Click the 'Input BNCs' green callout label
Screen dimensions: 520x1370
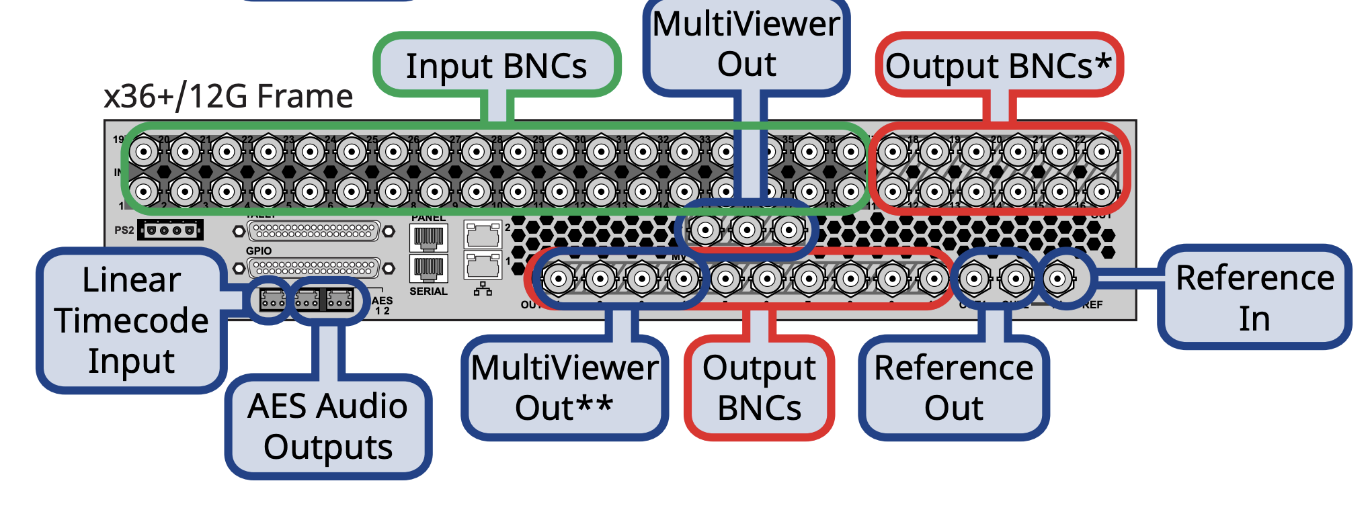pyautogui.click(x=496, y=65)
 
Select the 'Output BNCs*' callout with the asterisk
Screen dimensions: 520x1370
pyautogui.click(x=998, y=65)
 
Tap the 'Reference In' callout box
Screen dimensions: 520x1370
pyautogui.click(x=1254, y=297)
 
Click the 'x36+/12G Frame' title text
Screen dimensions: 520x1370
pyautogui.click(x=229, y=96)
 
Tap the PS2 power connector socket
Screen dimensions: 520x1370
pyautogui.click(x=170, y=230)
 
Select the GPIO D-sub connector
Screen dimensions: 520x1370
pyautogui.click(x=313, y=268)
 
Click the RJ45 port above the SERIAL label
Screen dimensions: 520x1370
pyautogui.click(x=428, y=268)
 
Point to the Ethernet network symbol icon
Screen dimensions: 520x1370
pyautogui.click(x=483, y=290)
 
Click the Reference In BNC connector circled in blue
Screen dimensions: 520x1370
pyautogui.click(x=1058, y=278)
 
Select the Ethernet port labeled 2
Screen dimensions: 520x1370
pyautogui.click(x=483, y=234)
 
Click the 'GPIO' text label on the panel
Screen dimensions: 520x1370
pyautogui.click(x=259, y=251)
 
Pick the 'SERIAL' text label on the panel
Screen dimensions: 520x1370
pyautogui.click(x=428, y=292)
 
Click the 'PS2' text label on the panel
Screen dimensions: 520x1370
pyautogui.click(x=124, y=230)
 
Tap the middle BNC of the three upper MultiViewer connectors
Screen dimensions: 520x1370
pyautogui.click(x=747, y=231)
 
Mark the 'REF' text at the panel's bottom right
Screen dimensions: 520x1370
pyautogui.click(x=1092, y=305)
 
